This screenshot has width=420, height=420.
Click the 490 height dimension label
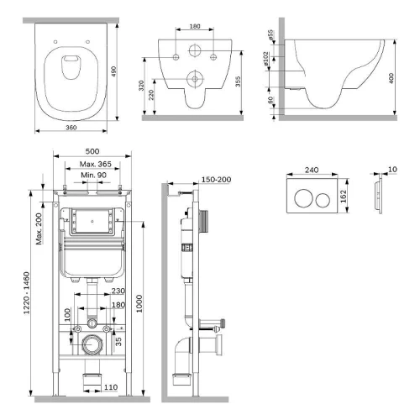tap(113, 71)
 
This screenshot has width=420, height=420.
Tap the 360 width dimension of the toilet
tap(71, 128)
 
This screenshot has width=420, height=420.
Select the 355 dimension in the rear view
tap(238, 81)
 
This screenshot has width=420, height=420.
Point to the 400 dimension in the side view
tap(391, 78)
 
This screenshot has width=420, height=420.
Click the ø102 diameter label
tap(265, 59)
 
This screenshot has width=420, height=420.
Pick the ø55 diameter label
tap(270, 35)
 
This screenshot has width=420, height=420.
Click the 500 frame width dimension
tap(92, 151)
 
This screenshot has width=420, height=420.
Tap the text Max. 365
tap(96, 164)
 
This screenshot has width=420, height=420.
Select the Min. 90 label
tap(93, 176)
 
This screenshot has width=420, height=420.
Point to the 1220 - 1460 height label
tap(27, 293)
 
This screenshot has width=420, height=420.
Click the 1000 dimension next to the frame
tap(139, 303)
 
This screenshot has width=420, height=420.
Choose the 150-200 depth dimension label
tap(216, 180)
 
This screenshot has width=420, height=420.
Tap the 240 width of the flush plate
tap(312, 170)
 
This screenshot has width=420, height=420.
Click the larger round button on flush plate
tap(303, 198)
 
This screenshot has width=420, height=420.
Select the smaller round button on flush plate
tap(323, 201)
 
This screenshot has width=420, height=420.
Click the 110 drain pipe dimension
tap(111, 387)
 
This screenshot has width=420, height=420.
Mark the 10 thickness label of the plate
tap(392, 170)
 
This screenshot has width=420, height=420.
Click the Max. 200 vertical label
tap(39, 228)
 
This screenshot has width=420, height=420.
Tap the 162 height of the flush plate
tap(344, 197)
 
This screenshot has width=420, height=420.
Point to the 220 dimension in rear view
tap(151, 95)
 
